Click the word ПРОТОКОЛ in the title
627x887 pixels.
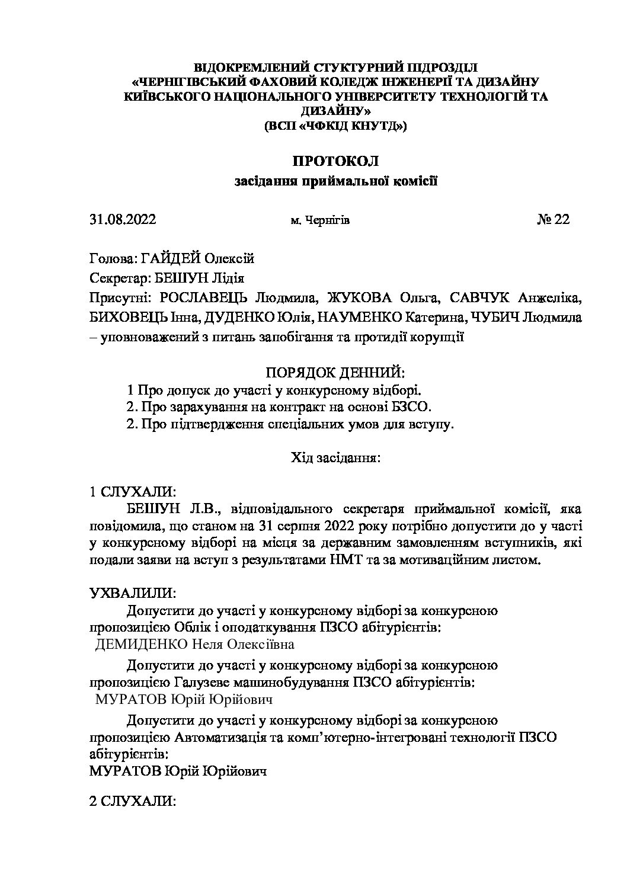pyautogui.click(x=335, y=161)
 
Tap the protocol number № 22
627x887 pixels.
pyautogui.click(x=553, y=220)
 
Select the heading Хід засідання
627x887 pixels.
pyautogui.click(x=335, y=457)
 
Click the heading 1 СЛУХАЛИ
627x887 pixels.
pyautogui.click(x=132, y=492)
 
